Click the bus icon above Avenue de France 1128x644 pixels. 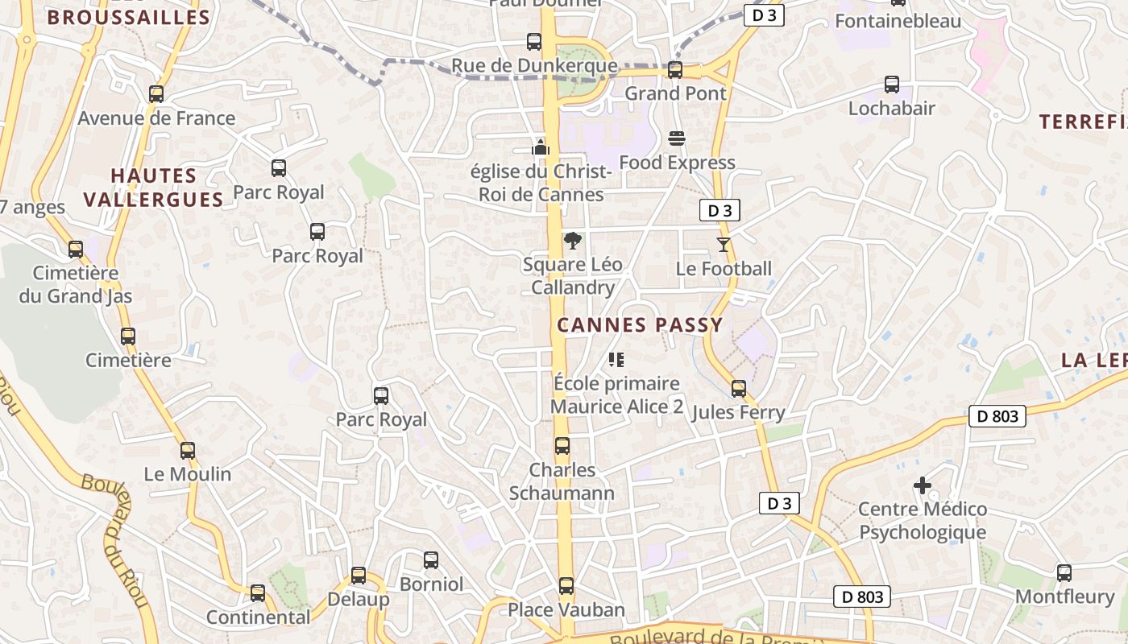click(x=156, y=94)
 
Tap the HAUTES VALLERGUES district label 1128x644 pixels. click(x=154, y=188)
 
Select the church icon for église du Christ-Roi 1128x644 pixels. click(x=541, y=147)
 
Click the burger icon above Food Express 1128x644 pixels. click(x=677, y=138)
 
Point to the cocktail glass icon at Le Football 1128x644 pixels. click(x=724, y=244)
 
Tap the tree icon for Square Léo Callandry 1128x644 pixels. click(x=573, y=240)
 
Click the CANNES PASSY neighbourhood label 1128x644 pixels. click(x=640, y=325)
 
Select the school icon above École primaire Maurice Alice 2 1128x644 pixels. click(x=616, y=359)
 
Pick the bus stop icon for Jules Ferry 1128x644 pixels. click(x=739, y=389)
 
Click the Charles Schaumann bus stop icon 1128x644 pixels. click(x=562, y=446)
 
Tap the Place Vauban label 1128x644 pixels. click(x=566, y=610)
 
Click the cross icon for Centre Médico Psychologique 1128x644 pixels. click(x=923, y=485)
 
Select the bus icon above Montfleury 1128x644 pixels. click(x=1064, y=573)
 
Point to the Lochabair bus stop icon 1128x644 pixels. click(x=892, y=85)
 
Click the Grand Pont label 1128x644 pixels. click(x=676, y=93)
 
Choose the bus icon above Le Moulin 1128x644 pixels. click(x=188, y=451)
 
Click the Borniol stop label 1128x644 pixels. click(x=431, y=584)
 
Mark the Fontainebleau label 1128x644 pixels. click(x=898, y=21)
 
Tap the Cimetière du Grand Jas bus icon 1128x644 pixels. click(x=76, y=250)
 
